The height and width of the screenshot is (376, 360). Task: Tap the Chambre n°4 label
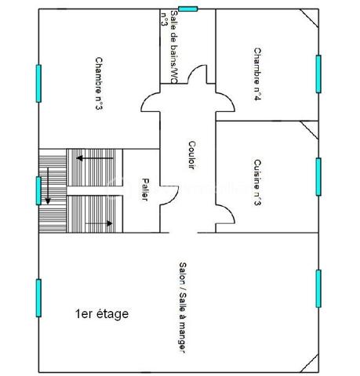[x=257, y=74]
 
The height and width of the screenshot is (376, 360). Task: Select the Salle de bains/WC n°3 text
[x=169, y=45]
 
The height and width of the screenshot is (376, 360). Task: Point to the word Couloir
[x=192, y=155]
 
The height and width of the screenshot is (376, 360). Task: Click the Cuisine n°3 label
[x=257, y=183]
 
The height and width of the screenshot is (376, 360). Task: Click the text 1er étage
[x=101, y=314]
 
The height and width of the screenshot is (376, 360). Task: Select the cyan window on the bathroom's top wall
[x=188, y=9]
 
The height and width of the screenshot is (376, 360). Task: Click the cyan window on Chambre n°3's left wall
[x=38, y=82]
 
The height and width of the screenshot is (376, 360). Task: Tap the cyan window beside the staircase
[x=38, y=190]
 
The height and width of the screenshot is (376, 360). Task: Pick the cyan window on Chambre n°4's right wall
[x=318, y=73]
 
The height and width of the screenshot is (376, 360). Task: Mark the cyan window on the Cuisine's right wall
[x=318, y=176]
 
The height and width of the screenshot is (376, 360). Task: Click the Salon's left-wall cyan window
[x=38, y=298]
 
